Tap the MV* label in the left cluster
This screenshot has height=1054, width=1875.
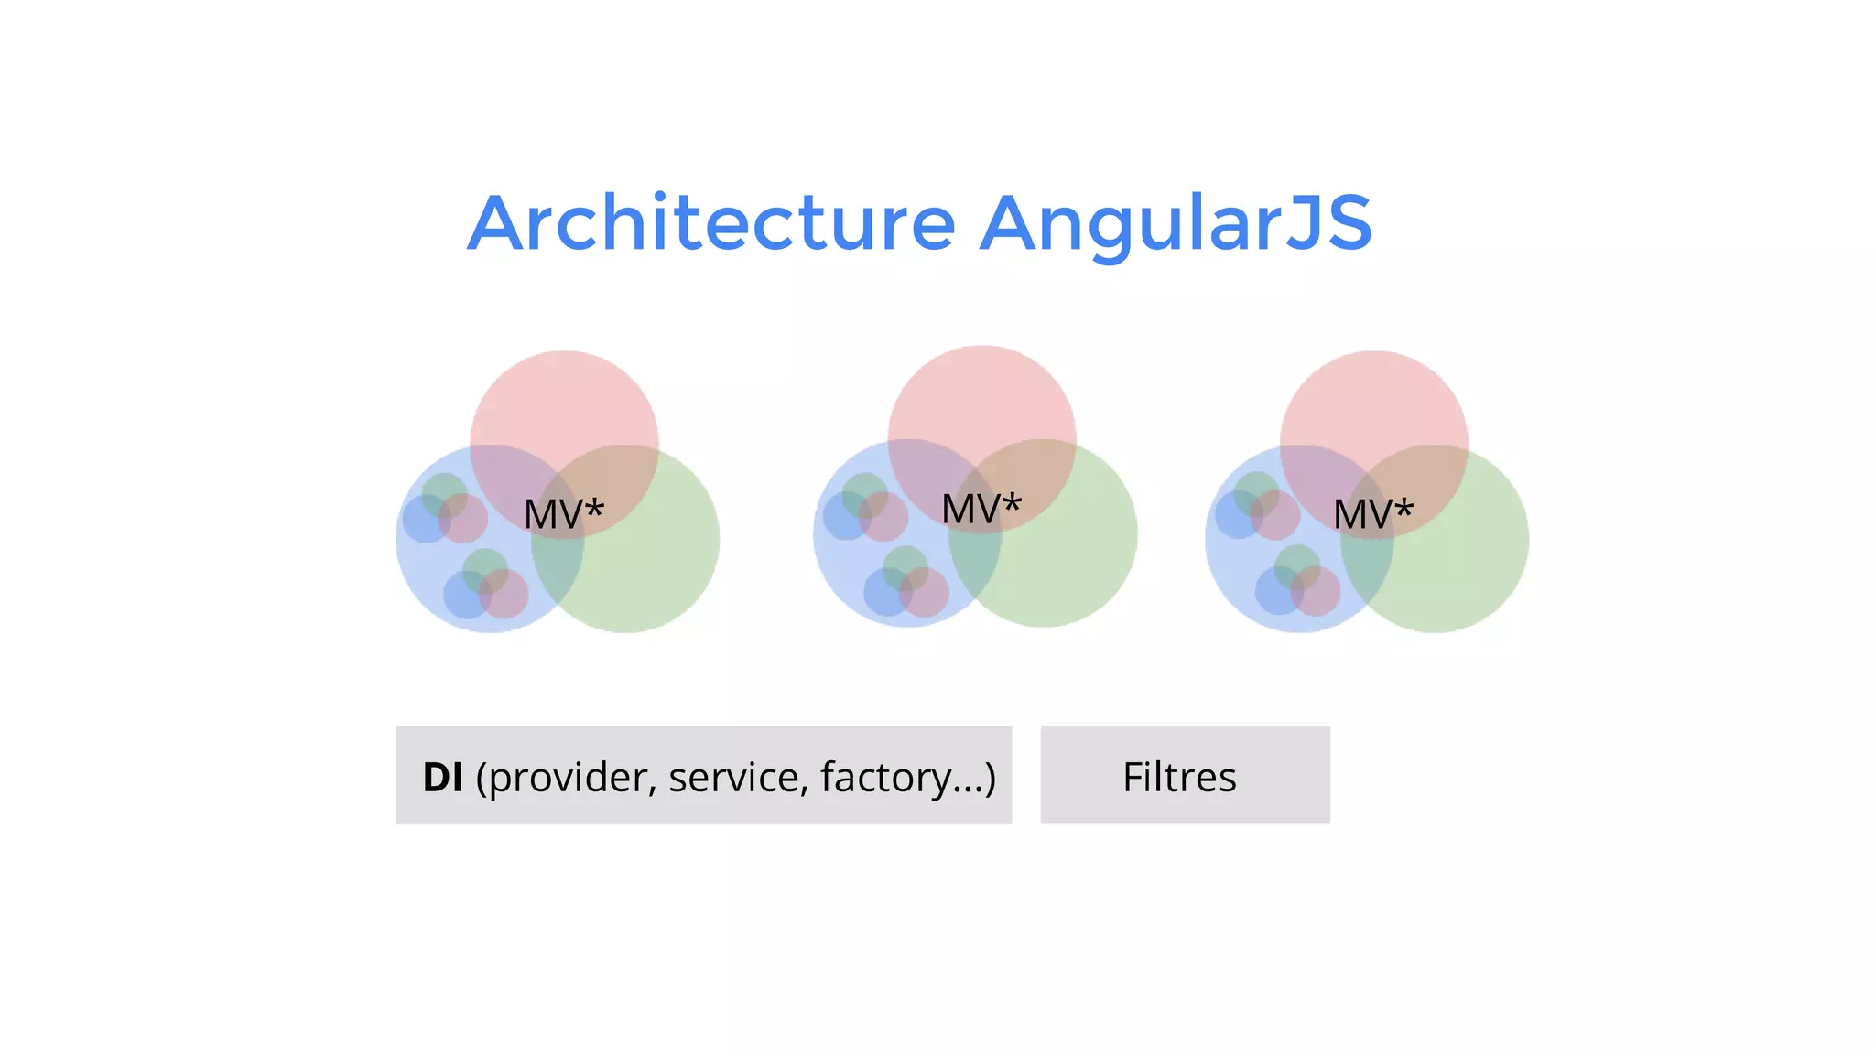click(563, 513)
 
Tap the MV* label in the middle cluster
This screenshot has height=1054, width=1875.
click(981, 509)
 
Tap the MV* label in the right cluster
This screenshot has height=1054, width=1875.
click(1373, 513)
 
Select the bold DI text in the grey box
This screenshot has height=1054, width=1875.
click(443, 777)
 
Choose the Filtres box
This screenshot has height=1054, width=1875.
click(1185, 775)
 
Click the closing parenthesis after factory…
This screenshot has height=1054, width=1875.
click(990, 777)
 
